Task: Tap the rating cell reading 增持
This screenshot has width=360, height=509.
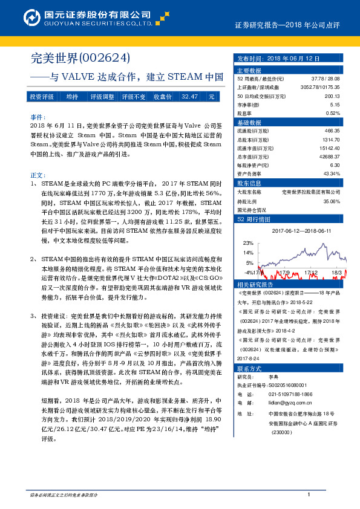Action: tap(72, 97)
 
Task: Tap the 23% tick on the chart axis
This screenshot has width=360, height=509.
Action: tap(249, 242)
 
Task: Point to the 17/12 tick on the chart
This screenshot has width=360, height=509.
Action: tap(311, 273)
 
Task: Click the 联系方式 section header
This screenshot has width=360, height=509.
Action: tap(249, 368)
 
